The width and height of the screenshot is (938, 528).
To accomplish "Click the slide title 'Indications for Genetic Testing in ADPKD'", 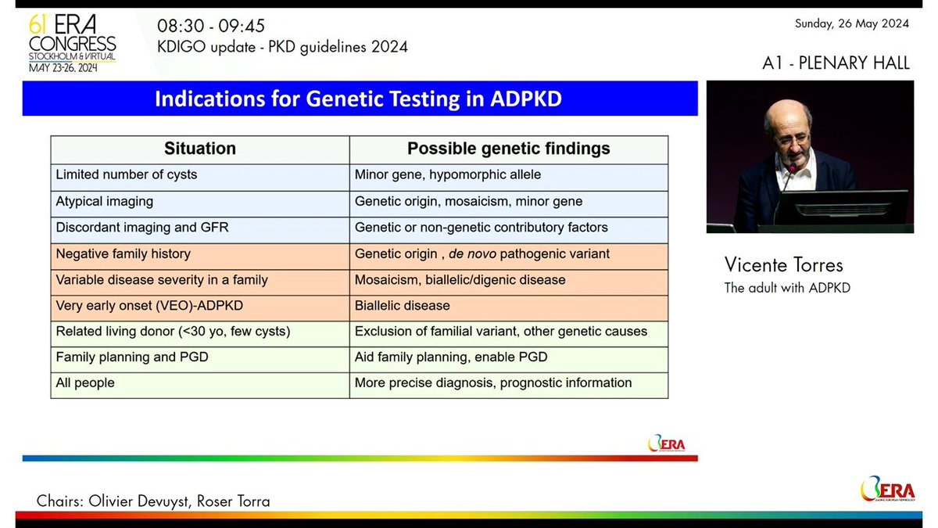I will [x=359, y=99].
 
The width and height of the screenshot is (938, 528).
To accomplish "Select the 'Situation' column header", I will [x=199, y=149].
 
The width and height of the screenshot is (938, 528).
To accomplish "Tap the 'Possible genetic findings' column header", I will [x=509, y=149].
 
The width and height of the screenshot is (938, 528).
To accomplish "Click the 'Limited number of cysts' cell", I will [x=127, y=174].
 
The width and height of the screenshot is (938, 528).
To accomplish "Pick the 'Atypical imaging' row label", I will [x=105, y=201].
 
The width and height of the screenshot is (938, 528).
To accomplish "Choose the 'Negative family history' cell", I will [x=124, y=253].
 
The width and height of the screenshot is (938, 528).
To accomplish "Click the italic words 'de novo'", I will [x=472, y=253].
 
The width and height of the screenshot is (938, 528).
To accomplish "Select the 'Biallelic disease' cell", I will [x=403, y=305].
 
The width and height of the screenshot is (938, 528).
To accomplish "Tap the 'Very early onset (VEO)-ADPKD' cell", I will [x=145, y=305].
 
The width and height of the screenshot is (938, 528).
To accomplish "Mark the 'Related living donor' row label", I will [x=173, y=331].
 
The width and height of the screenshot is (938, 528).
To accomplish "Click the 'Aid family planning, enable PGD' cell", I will [x=451, y=357].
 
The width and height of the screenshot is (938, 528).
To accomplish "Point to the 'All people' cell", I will [x=85, y=383].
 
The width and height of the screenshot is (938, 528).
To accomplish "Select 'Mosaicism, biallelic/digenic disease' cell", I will [x=460, y=279].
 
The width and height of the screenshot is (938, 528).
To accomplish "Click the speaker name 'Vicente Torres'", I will [x=784, y=264].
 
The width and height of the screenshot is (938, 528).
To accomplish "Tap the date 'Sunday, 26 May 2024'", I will [x=851, y=23].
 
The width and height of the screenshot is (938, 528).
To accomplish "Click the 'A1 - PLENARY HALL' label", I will [x=836, y=63].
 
